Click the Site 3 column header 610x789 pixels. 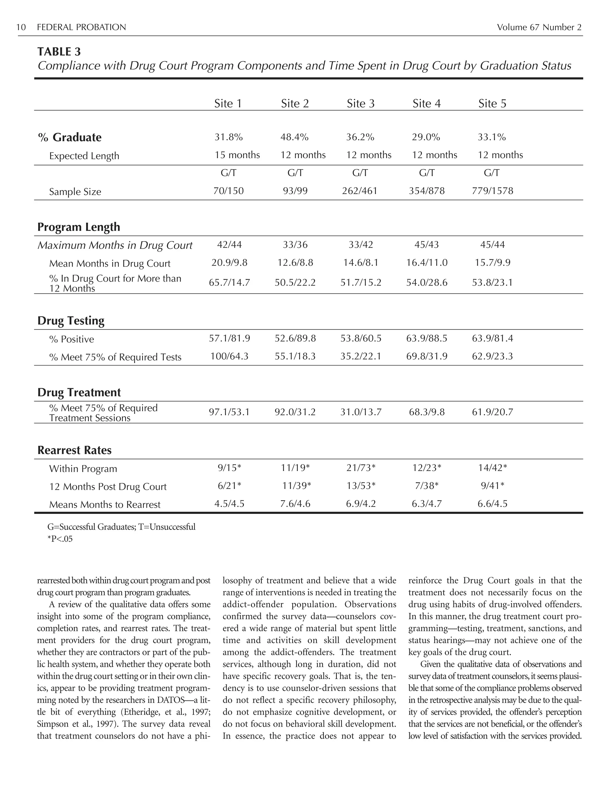(x=360, y=104)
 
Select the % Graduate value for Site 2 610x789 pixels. (x=294, y=137)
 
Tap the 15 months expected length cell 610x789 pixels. (x=237, y=155)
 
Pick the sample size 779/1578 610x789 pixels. (x=492, y=191)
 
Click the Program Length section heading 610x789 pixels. (x=79, y=227)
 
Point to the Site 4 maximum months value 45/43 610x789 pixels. (x=427, y=244)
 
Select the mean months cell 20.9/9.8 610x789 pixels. (x=229, y=263)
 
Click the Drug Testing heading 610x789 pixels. (x=71, y=320)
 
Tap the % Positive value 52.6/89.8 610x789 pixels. (x=295, y=339)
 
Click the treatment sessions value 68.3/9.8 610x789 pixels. (x=427, y=412)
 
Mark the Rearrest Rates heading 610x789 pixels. (x=74, y=450)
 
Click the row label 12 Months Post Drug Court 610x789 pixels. (x=108, y=487)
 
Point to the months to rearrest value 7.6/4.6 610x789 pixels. (x=295, y=503)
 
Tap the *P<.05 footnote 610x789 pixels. (x=60, y=539)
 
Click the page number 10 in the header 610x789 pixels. (x=21, y=27)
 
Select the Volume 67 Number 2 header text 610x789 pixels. (x=539, y=27)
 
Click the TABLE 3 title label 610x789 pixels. (x=59, y=52)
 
